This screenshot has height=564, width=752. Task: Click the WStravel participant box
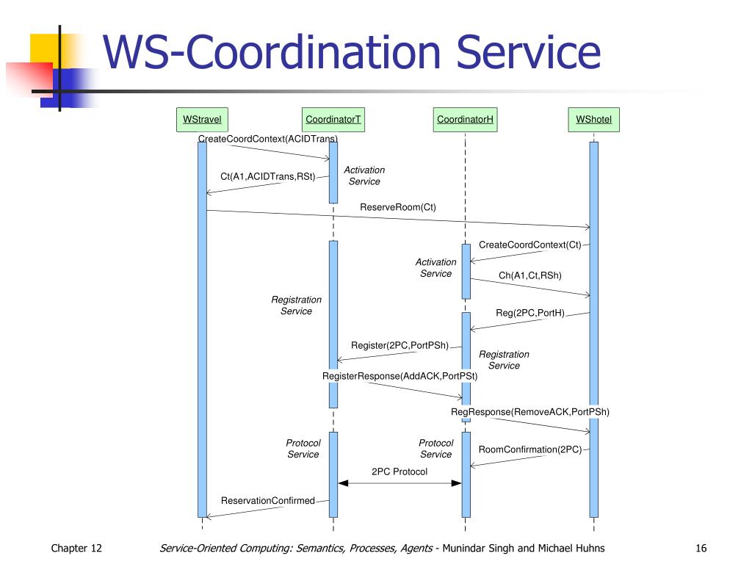[x=202, y=120]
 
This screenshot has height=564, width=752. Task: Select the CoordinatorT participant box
[x=333, y=120]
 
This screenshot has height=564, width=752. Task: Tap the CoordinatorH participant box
[x=465, y=120]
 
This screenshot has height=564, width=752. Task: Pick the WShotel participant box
[x=593, y=120]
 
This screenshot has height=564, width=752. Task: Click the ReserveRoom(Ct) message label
[x=398, y=207]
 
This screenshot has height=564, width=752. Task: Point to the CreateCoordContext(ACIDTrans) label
[x=268, y=139]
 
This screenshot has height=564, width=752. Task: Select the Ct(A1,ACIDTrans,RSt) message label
[x=267, y=176]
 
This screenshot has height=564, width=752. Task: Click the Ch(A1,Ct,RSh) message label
[x=530, y=275]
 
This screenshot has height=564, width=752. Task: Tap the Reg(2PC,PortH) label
[x=530, y=313]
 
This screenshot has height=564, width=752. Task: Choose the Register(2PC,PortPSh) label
[x=399, y=345]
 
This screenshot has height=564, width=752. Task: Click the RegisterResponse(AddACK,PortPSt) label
[x=400, y=376]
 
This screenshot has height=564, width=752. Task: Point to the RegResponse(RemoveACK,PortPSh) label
[x=530, y=412]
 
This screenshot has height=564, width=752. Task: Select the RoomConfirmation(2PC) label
[x=530, y=449]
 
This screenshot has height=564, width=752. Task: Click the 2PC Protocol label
[x=399, y=472]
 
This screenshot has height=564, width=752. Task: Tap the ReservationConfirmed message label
[x=267, y=501]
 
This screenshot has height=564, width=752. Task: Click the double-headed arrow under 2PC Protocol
[x=399, y=483]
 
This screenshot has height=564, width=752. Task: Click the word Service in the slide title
[x=528, y=52]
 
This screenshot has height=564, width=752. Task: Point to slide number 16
[x=701, y=548]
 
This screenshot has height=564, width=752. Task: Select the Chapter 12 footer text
[x=76, y=548]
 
